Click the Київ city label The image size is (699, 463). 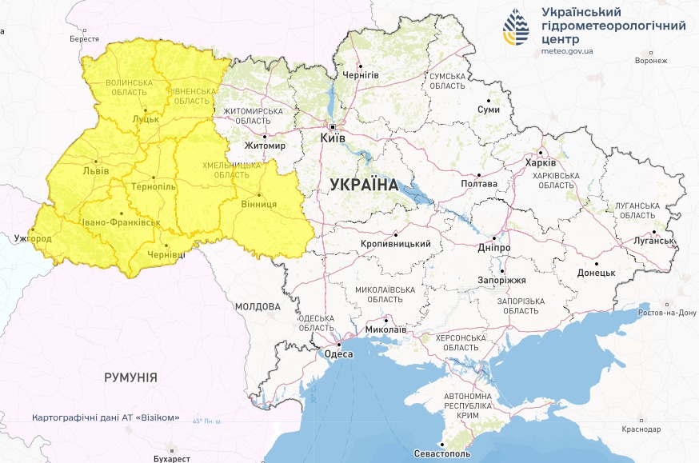pyautogui.click(x=332, y=138)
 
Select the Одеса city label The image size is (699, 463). pyautogui.click(x=338, y=354)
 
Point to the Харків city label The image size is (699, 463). pyautogui.click(x=540, y=163)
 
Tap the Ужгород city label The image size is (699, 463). pyautogui.click(x=33, y=238)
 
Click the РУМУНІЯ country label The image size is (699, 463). pyautogui.click(x=130, y=377)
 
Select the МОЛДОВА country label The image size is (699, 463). pyautogui.click(x=258, y=306)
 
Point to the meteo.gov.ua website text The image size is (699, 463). pyautogui.click(x=567, y=50)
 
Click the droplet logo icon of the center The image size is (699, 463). pyautogui.click(x=516, y=29)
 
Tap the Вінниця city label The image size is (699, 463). pyautogui.click(x=258, y=204)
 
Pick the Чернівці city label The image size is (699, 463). pyautogui.click(x=166, y=254)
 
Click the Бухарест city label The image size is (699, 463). pyautogui.click(x=171, y=459)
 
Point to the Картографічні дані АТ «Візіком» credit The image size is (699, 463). pyautogui.click(x=106, y=418)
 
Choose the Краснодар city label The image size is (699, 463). pyautogui.click(x=644, y=429)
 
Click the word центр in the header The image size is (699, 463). pyautogui.click(x=563, y=38)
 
